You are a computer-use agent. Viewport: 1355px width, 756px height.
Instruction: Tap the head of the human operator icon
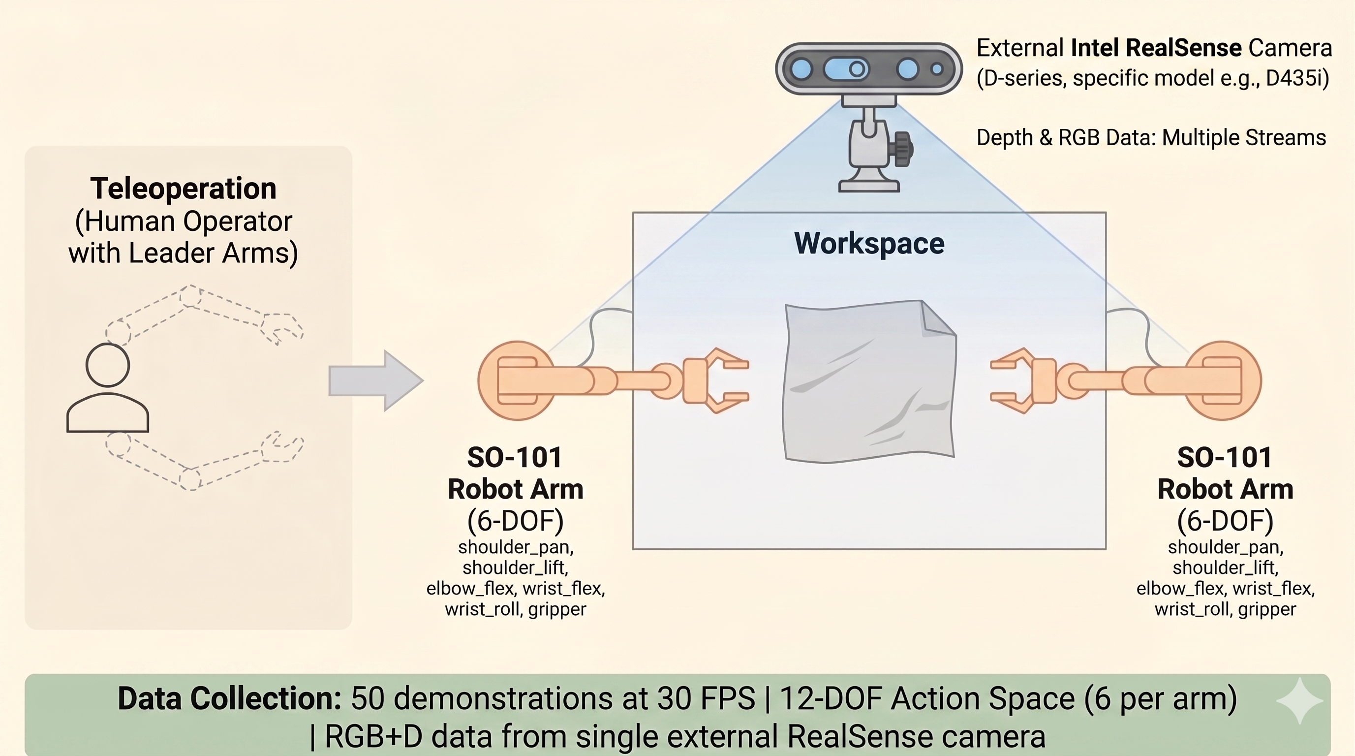click(108, 365)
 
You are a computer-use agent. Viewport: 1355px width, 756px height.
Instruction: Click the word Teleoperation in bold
click(183, 189)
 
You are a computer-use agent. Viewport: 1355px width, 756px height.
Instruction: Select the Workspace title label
click(869, 243)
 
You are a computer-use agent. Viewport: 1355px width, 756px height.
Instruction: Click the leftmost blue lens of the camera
click(801, 69)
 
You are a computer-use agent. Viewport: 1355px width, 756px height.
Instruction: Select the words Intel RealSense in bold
click(1156, 48)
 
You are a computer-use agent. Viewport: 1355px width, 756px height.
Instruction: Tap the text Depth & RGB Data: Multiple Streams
click(1151, 138)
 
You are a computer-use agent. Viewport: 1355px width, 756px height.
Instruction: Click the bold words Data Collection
click(229, 698)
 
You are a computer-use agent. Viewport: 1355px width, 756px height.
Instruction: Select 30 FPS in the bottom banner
click(706, 698)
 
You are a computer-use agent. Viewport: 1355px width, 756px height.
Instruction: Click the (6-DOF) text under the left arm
click(516, 521)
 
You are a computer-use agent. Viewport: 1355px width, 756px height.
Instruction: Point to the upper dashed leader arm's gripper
click(282, 327)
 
